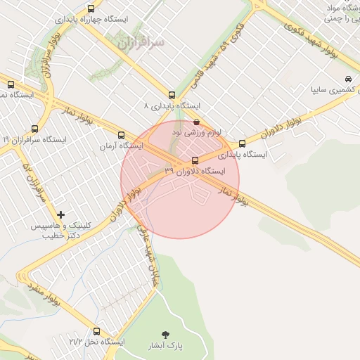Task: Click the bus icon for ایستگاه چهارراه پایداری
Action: click(x=91, y=8)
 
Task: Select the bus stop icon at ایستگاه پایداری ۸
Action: click(x=172, y=95)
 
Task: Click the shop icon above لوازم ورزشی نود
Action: click(x=196, y=121)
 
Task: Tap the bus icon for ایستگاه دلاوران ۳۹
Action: click(x=195, y=160)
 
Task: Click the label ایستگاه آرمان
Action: click(x=120, y=146)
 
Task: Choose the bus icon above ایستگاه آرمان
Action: click(x=121, y=134)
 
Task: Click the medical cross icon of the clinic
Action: click(x=61, y=214)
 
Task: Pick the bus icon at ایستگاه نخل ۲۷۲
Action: click(x=96, y=330)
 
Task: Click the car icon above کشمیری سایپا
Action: click(x=348, y=79)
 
